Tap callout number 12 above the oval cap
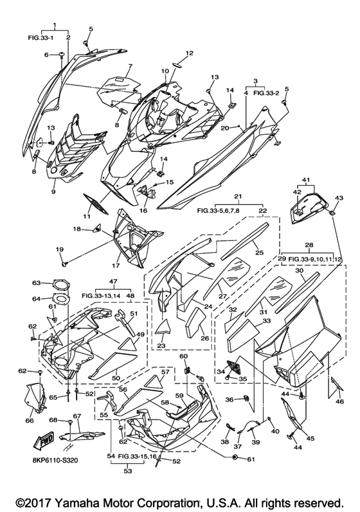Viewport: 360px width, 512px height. pyautogui.click(x=190, y=53)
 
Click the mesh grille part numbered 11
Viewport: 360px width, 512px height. pyautogui.click(x=96, y=203)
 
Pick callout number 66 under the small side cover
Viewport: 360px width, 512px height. pyautogui.click(x=30, y=420)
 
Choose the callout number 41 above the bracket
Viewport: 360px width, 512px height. pyautogui.click(x=306, y=180)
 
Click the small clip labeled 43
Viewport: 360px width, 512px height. pyautogui.click(x=332, y=212)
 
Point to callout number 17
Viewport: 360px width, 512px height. pyautogui.click(x=116, y=265)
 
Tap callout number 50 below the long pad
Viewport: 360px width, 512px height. pyautogui.click(x=116, y=378)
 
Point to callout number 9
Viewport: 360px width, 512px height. pyautogui.click(x=53, y=191)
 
